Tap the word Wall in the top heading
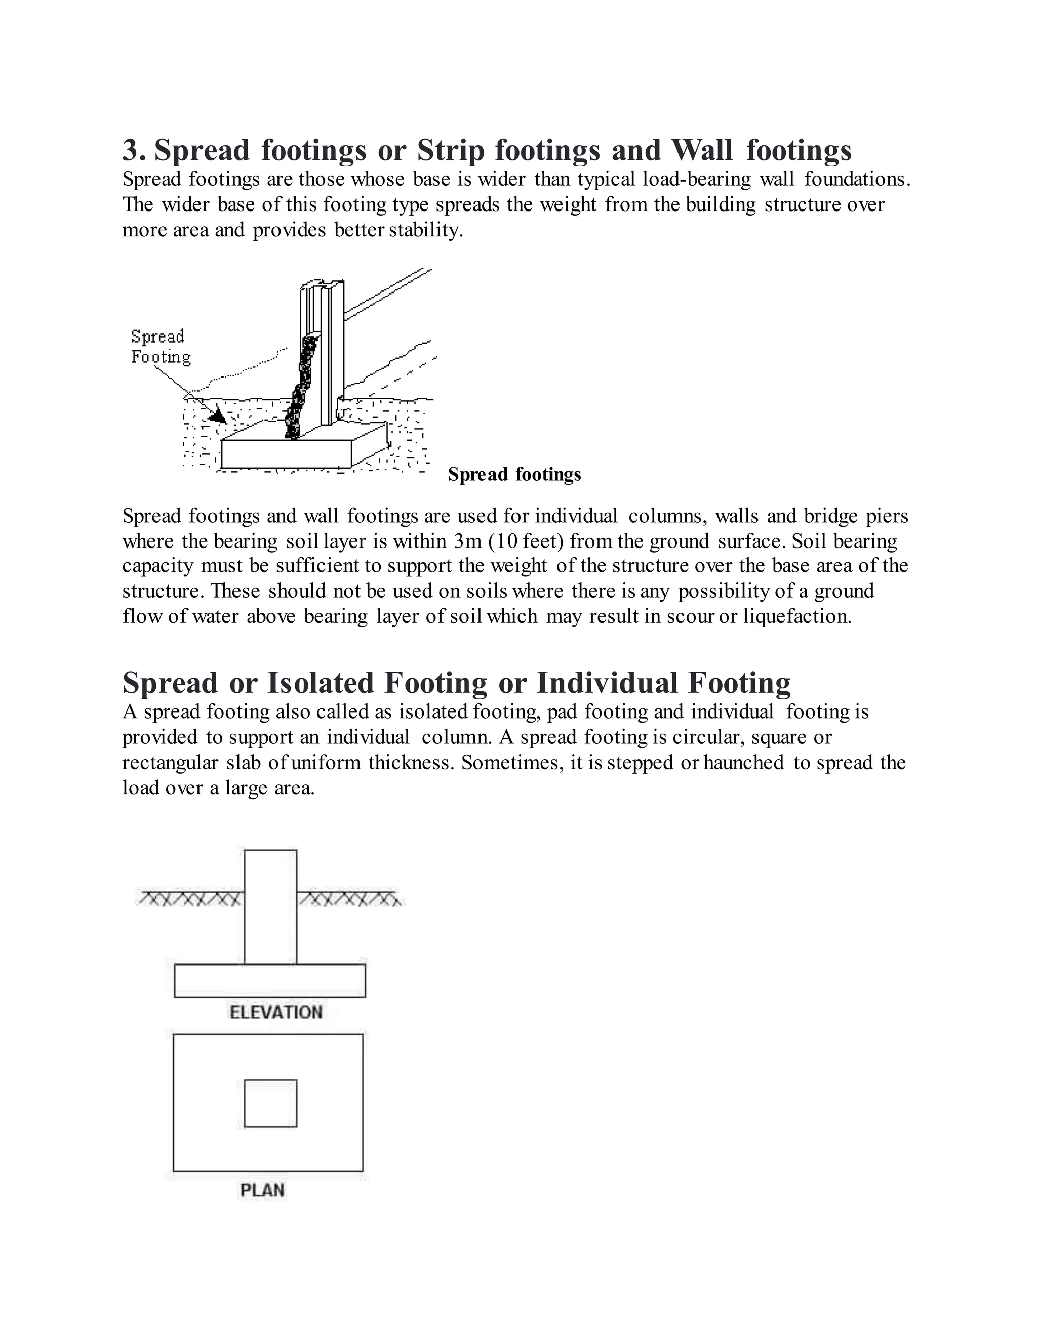pyautogui.click(x=702, y=150)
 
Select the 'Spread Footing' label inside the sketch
pyautogui.click(x=159, y=347)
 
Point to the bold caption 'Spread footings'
pyautogui.click(x=514, y=475)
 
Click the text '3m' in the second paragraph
pyautogui.click(x=467, y=541)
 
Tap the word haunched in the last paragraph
pyautogui.click(x=743, y=763)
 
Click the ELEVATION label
pyautogui.click(x=276, y=1013)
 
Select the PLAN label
pyautogui.click(x=262, y=1191)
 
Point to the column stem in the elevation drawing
pyautogui.click(x=270, y=909)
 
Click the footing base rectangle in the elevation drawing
pyautogui.click(x=270, y=981)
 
